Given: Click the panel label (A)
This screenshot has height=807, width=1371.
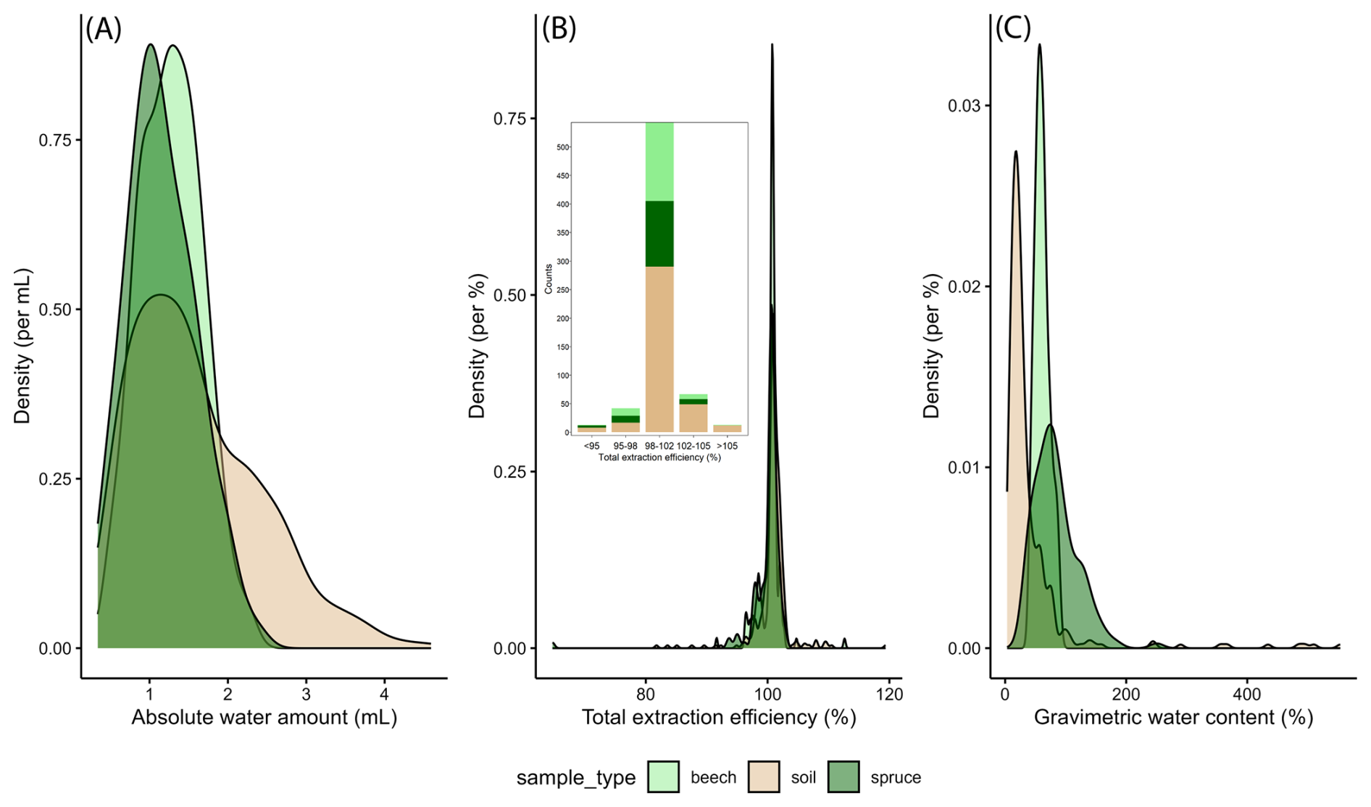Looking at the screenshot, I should pos(103,30).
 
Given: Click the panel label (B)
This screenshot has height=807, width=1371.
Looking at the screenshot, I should pos(559,30).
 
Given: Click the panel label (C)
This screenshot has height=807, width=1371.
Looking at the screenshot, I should pos(1012,30).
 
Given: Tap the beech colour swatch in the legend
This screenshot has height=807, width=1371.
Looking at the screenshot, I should pos(663,777).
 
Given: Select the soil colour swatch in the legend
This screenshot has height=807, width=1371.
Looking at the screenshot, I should pos(764,777).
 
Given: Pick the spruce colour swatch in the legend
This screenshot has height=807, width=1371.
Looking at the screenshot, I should pos(843,777).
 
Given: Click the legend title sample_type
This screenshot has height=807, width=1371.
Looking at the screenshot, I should pos(575,778).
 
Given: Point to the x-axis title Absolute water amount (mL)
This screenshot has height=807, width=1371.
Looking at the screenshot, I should pos(264,718).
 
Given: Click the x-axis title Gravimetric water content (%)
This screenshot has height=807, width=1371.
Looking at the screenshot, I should pos(1173,718).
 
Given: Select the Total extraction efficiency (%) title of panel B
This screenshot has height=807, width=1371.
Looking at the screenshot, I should pos(719,718).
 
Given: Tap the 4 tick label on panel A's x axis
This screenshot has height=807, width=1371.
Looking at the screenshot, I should pos(385,694).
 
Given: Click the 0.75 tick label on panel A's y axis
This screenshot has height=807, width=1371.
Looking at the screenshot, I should pos(55,140).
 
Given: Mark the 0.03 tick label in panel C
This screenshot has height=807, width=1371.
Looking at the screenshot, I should pos(963,106).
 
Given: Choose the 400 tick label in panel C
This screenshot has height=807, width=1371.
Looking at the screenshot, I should pos(1247,694).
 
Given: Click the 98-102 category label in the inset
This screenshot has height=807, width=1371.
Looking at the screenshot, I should pos(659,446).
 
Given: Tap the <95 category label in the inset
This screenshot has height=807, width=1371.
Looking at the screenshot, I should pos(591,446).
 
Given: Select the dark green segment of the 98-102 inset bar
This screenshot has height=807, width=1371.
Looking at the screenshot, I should pos(659,233).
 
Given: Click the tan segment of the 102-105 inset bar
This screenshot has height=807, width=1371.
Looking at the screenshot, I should pos(693,418).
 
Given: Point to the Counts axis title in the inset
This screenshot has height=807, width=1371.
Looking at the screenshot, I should pos(549,279).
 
